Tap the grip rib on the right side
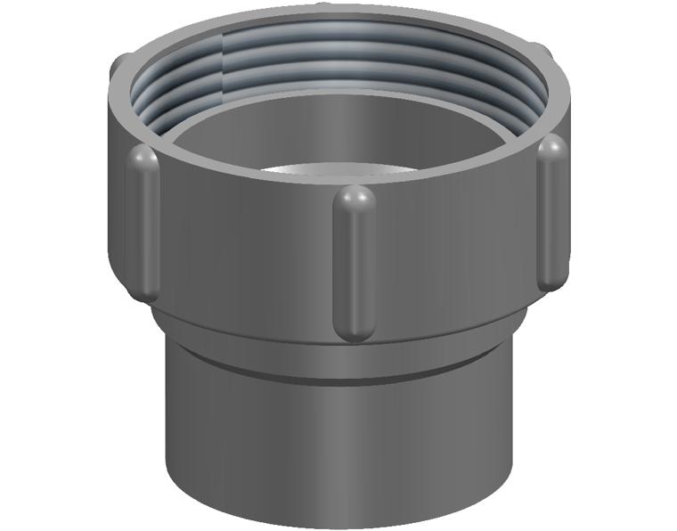553,214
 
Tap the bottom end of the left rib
143,290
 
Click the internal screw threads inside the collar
338,62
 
